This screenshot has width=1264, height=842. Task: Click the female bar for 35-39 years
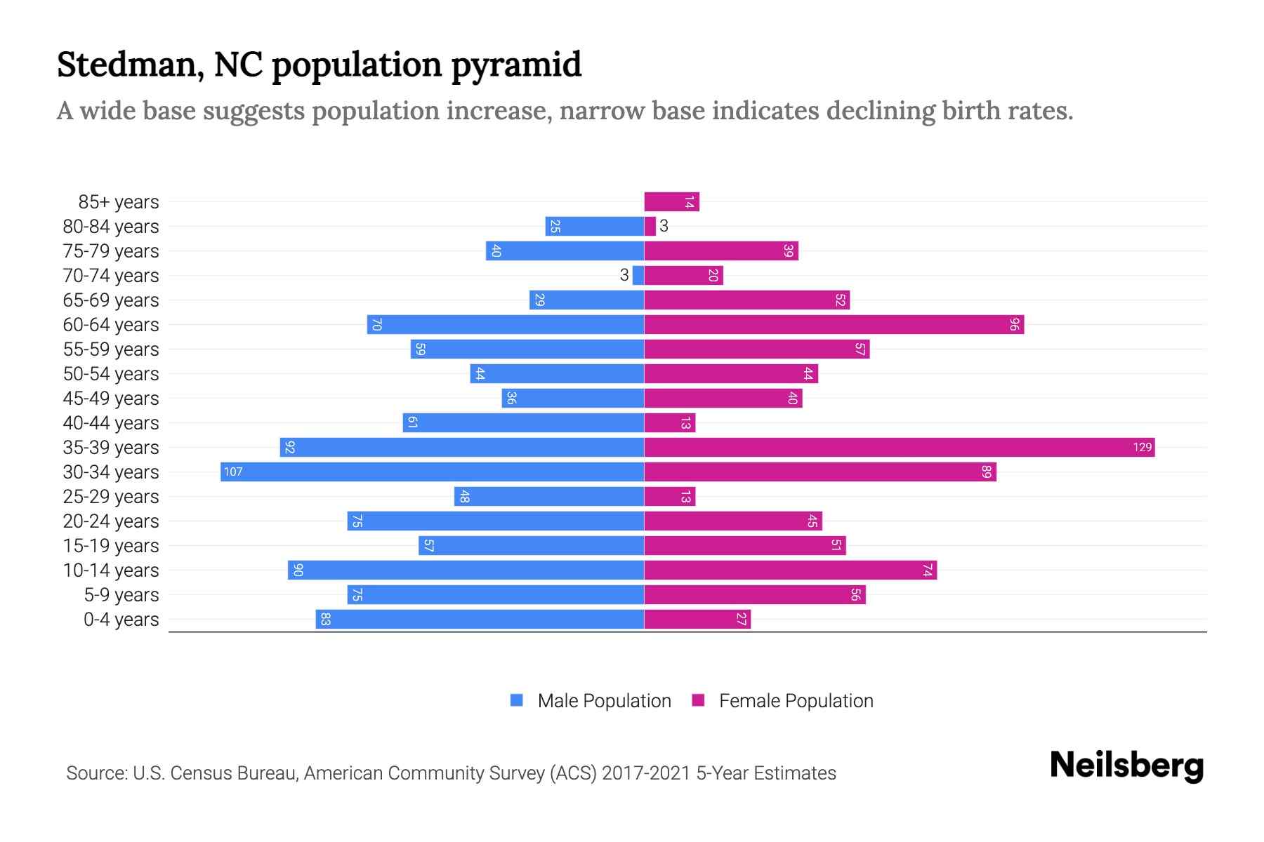(x=899, y=448)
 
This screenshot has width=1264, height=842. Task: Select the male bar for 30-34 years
(x=432, y=472)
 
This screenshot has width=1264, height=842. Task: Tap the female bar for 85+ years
(x=671, y=202)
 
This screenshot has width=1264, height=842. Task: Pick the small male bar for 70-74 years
(x=638, y=276)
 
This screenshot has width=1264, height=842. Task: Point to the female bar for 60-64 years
(x=834, y=325)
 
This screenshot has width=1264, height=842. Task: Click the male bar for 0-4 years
(x=480, y=620)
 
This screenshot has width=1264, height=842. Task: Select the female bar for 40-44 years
(x=669, y=423)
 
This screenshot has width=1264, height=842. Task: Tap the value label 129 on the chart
(x=1143, y=448)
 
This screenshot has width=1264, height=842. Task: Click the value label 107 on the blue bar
(x=233, y=472)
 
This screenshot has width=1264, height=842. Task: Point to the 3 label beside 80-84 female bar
(x=664, y=226)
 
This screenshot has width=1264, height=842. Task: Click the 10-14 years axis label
(x=111, y=570)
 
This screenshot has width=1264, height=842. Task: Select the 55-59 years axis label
(x=111, y=349)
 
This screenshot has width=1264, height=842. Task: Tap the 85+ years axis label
(x=119, y=202)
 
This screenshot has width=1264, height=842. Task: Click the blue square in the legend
(x=517, y=700)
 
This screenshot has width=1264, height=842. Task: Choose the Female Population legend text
(x=796, y=701)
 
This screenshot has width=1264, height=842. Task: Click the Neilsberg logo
(x=1126, y=766)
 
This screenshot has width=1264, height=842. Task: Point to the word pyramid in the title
(x=516, y=65)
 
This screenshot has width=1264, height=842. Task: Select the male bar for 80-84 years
(x=594, y=227)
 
